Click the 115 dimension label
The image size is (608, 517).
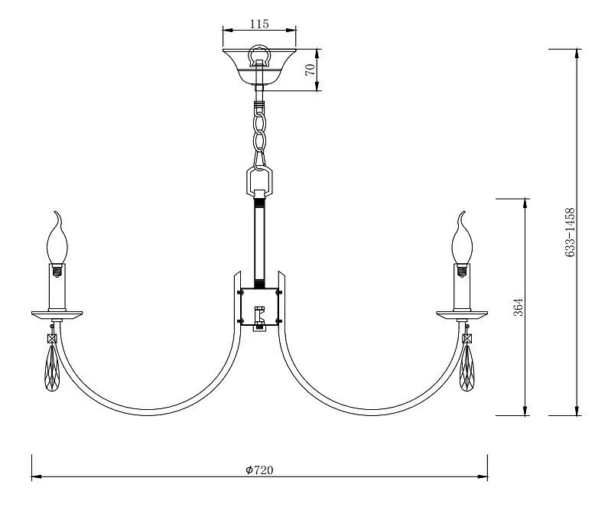pos(259,24)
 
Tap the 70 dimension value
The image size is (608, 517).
pos(310,70)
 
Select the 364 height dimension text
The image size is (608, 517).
pos(519,307)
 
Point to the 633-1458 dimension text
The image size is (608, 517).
pos(570,232)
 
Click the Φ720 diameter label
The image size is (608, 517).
pos(259,470)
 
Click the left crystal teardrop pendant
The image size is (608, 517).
pos(52,368)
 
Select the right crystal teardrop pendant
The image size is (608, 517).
pos(467,368)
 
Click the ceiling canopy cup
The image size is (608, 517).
pos(259,67)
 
